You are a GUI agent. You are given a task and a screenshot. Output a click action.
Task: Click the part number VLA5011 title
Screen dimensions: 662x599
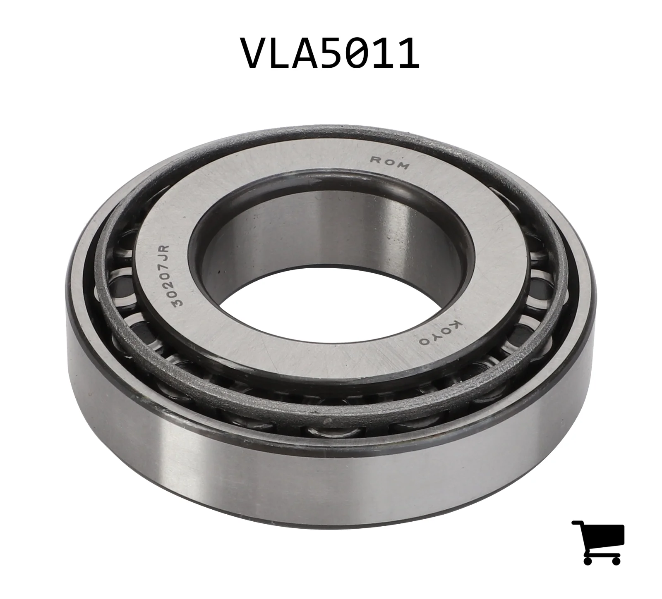pos(331,53)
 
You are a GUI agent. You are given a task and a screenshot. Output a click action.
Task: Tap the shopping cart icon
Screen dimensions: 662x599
pos(598,542)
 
